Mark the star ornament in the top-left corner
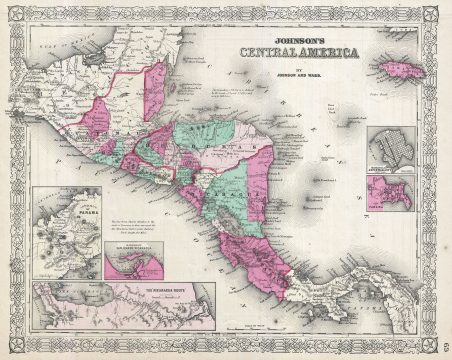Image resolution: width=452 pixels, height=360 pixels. click(x=12, y=12)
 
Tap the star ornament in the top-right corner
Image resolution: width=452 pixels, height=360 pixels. click(x=440, y=12)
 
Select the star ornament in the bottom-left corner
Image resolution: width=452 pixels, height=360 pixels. click(x=12, y=348)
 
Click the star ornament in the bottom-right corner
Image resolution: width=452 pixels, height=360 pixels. click(x=440, y=348)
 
